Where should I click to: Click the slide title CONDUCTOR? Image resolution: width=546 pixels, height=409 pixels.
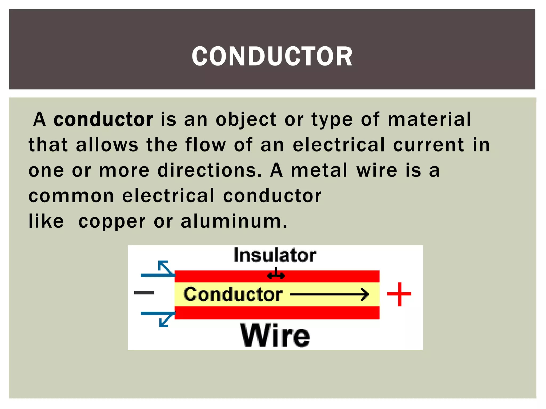pos(272,56)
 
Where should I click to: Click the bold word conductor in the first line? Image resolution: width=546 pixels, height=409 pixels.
pos(103,119)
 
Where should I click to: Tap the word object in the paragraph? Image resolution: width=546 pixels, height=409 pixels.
pos(246,120)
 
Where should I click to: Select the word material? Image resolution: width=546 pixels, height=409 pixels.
pos(429,119)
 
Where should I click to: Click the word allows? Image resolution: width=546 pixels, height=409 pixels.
pos(107,145)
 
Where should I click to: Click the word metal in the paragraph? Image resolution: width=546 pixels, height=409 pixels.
pos(319,170)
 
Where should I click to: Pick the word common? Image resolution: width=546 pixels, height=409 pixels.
pos(71,196)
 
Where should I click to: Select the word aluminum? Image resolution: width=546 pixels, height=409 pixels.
pos(234,222)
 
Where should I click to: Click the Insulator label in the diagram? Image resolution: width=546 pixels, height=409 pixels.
pos(275,255)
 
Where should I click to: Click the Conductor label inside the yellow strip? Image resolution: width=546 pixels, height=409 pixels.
pos(233,295)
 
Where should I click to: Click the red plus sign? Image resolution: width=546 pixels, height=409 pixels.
pos(399,294)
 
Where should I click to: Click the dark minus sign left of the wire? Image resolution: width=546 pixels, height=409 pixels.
pos(144,293)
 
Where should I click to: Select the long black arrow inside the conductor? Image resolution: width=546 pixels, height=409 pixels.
pos(330,295)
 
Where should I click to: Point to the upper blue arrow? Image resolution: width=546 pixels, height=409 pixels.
pos(160,271)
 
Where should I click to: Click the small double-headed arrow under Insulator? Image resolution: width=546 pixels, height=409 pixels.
pos(276,275)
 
